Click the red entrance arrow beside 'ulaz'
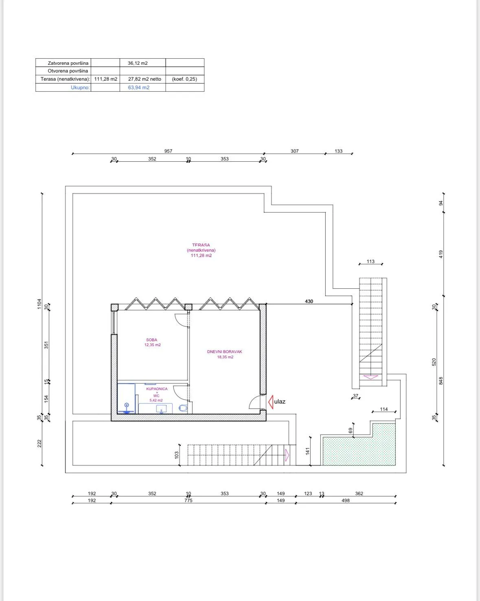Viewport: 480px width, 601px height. [x=271, y=402]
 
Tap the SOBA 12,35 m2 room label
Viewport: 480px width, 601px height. [x=152, y=342]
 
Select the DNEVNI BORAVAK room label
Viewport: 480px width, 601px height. [x=224, y=354]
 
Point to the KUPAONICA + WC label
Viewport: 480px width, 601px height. [x=157, y=394]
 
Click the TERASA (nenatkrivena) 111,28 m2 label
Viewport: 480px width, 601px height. [x=201, y=250]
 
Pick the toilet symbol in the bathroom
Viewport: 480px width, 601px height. [x=183, y=408]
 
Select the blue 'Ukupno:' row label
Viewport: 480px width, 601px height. [x=80, y=88]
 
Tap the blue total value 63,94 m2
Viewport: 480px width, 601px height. [x=138, y=88]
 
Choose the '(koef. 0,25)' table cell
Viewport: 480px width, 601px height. [x=184, y=79]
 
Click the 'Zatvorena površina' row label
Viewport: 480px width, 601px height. [x=68, y=63]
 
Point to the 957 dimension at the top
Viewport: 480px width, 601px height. [x=168, y=151]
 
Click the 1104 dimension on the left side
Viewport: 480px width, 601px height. [x=39, y=304]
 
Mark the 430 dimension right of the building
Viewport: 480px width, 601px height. [x=309, y=301]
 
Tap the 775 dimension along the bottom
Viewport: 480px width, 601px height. [x=188, y=500]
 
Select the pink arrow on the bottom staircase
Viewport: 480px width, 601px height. [x=287, y=455]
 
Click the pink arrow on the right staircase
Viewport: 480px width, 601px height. [x=370, y=377]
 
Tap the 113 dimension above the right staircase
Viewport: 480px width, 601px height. [x=370, y=261]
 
